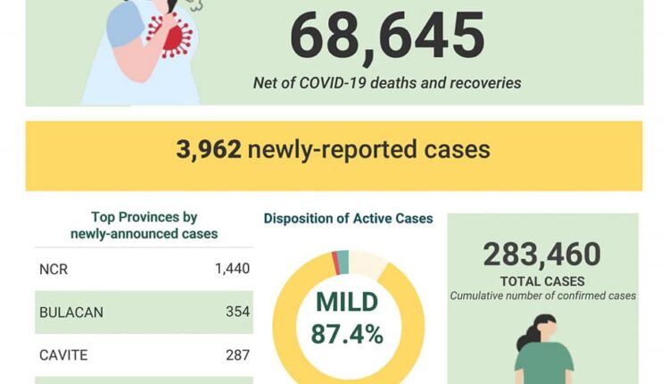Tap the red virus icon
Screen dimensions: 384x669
[x=172, y=37]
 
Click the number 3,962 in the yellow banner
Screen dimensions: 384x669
[x=209, y=149]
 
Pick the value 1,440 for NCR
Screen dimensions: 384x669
[x=232, y=268]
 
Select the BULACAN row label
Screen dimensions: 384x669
[x=71, y=312]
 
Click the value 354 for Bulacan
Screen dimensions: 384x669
[x=238, y=312]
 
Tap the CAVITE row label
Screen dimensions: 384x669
[x=62, y=355]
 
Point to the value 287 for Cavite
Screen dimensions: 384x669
[x=238, y=355]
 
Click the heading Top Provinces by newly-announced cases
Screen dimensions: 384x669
[x=145, y=225]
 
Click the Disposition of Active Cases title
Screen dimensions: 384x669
[x=348, y=218]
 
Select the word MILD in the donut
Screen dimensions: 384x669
[x=347, y=302]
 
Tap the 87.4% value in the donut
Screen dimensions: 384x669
[x=347, y=334]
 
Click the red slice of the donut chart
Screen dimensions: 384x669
[x=335, y=263]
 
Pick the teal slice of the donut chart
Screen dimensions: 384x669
[x=343, y=261]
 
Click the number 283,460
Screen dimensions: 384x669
[x=541, y=255]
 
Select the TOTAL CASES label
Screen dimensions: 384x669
[x=542, y=280]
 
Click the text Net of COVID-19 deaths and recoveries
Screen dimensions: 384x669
[x=387, y=83]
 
